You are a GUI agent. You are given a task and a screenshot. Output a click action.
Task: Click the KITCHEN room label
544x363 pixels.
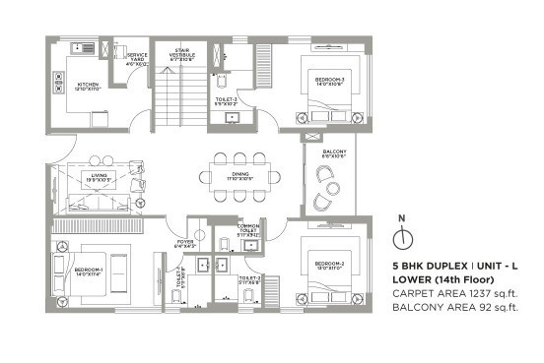point(89,86)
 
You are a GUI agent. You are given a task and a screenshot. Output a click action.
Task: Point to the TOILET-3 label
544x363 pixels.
point(229,98)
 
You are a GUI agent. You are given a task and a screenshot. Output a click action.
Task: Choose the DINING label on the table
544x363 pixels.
point(240,177)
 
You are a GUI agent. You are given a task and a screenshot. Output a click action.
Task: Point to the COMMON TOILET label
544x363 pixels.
point(247,230)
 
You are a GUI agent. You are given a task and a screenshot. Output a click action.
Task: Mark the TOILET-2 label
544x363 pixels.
point(249,278)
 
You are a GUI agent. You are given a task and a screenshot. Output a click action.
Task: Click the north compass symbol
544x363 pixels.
point(400,238)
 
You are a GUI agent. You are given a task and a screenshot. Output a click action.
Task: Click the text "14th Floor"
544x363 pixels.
point(480,279)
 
